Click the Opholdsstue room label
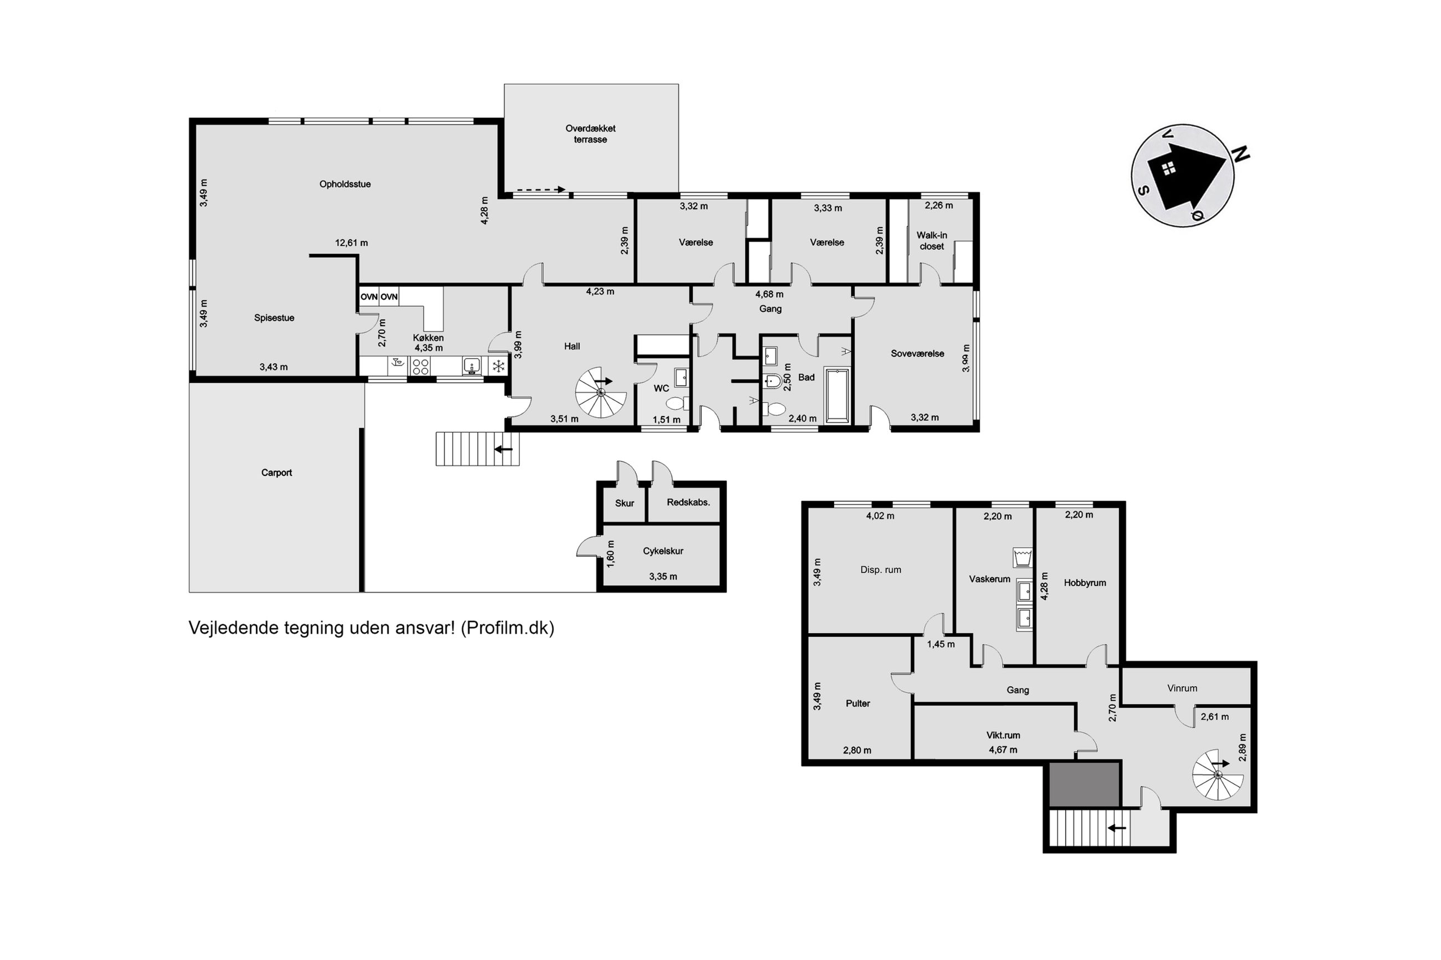[345, 184]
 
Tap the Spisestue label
[274, 318]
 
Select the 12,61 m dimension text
[351, 243]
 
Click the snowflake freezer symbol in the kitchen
[499, 367]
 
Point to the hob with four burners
[420, 367]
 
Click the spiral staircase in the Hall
[601, 392]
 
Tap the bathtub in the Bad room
[837, 396]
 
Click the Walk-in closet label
[932, 240]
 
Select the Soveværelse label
[917, 353]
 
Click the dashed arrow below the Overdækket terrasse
[539, 190]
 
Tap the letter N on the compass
[1241, 155]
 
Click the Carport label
[277, 473]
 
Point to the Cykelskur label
[663, 551]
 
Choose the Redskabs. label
[688, 502]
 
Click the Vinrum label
[1182, 688]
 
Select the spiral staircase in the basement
[1218, 775]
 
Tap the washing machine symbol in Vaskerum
[1023, 557]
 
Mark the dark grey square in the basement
[1085, 784]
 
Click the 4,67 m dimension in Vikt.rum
[1003, 749]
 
